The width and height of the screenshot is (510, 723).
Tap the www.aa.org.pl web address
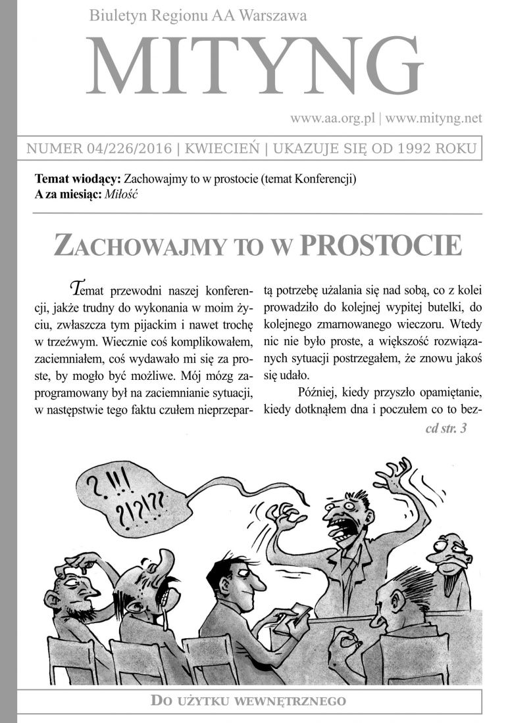click(332, 118)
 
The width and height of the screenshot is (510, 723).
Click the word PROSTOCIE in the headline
click(380, 245)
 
